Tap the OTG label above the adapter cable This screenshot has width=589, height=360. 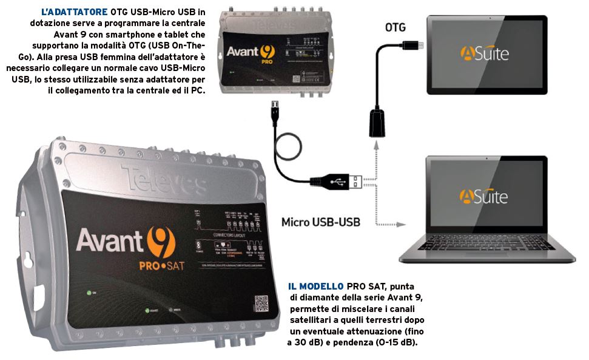pyautogui.click(x=395, y=27)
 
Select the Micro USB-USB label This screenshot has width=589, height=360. pyautogui.click(x=320, y=222)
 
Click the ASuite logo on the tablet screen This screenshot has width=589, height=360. pyautogui.click(x=483, y=53)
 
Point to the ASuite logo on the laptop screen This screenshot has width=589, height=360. pyautogui.click(x=483, y=195)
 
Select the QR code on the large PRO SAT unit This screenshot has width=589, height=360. pyautogui.click(x=261, y=303)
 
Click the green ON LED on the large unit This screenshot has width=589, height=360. pyautogui.click(x=89, y=293)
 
